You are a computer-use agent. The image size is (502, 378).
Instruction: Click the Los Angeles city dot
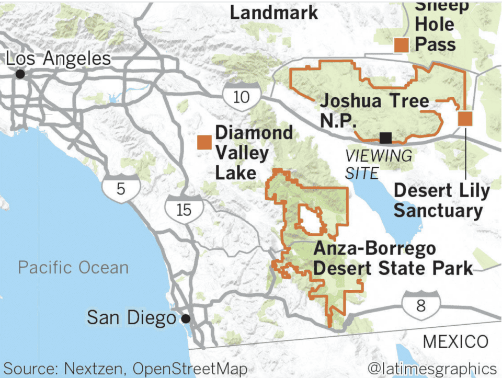click(x=20, y=74)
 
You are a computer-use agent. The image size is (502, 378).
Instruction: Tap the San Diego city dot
click(x=185, y=318)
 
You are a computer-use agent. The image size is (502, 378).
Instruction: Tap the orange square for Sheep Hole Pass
click(x=402, y=45)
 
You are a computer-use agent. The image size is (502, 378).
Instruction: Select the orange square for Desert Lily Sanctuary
click(x=465, y=119)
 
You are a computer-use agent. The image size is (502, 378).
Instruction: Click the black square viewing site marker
click(x=385, y=138)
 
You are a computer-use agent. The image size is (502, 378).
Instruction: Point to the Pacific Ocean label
click(x=73, y=268)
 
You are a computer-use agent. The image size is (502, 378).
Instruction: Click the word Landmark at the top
click(x=274, y=13)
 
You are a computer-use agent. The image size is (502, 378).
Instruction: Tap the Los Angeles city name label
click(x=59, y=59)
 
